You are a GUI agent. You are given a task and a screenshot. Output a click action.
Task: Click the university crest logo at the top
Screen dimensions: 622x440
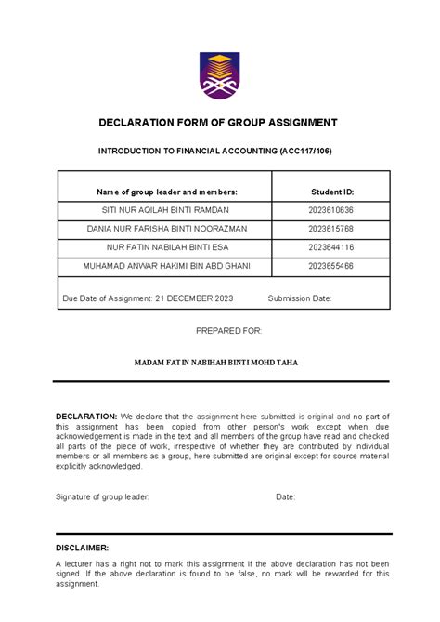[x=219, y=76]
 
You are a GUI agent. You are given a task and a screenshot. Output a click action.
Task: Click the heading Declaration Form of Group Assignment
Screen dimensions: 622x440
[x=219, y=123]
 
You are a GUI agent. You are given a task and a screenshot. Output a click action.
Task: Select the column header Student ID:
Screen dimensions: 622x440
[x=331, y=191]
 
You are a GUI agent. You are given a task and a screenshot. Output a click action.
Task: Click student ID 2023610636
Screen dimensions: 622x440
[x=331, y=210]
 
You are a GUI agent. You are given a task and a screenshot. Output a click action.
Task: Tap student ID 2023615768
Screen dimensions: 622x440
[x=331, y=229]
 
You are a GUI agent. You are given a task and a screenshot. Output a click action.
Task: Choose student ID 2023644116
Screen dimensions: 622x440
[x=331, y=247]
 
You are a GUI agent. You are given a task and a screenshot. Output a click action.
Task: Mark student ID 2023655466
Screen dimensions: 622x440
[x=331, y=266]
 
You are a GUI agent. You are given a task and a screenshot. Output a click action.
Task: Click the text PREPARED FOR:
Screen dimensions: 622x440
[x=229, y=330]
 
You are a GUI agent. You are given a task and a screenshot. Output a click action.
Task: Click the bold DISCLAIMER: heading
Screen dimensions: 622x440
[x=83, y=549]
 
